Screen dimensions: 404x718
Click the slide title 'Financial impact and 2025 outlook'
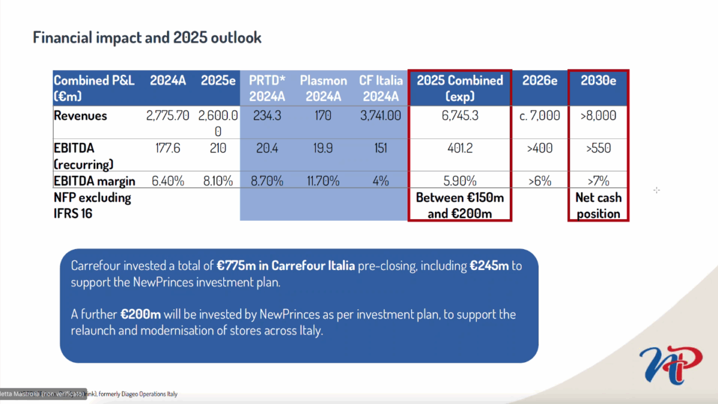pyautogui.click(x=147, y=38)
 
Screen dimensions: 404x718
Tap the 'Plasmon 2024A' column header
pyautogui.click(x=323, y=88)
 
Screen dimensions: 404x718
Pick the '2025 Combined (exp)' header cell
pyautogui.click(x=460, y=88)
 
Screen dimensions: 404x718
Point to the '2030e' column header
pyautogui.click(x=598, y=81)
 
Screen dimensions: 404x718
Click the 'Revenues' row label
pyautogui.click(x=80, y=116)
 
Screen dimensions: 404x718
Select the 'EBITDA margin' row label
pyautogui.click(x=95, y=181)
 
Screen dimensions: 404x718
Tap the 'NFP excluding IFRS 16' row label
pyautogui.click(x=93, y=204)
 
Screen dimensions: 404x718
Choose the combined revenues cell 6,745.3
pyautogui.click(x=460, y=116)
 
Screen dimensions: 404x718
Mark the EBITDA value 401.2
pyautogui.click(x=460, y=148)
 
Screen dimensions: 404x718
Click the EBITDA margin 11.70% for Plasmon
pyautogui.click(x=323, y=181)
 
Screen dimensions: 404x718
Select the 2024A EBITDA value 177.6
pyautogui.click(x=168, y=148)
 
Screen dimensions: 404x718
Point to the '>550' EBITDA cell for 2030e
pyautogui.click(x=598, y=148)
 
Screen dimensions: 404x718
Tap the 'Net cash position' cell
pyautogui.click(x=598, y=205)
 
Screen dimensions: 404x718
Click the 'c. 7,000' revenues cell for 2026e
pyautogui.click(x=540, y=116)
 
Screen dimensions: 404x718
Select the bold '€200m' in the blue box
pyautogui.click(x=141, y=314)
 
